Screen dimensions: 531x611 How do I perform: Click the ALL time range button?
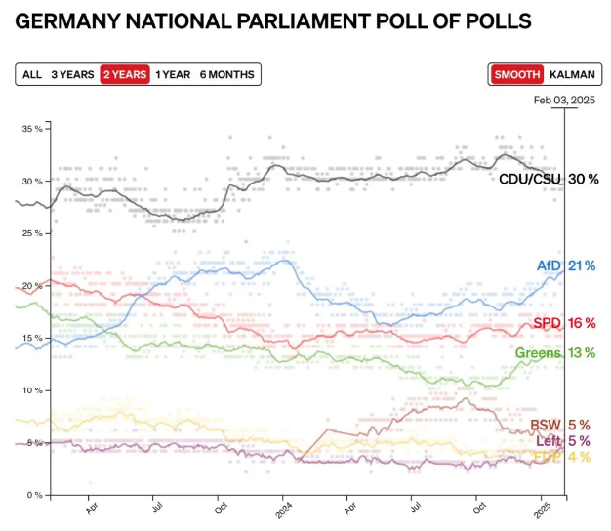point(32,74)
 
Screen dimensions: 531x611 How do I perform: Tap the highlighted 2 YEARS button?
point(124,74)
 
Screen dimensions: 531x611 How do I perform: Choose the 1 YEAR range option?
point(172,74)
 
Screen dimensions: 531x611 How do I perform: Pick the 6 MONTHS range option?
point(226,74)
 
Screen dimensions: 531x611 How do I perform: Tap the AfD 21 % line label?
point(566,265)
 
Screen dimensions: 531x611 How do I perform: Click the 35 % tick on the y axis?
point(31,129)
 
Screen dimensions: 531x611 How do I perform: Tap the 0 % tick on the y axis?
point(34,495)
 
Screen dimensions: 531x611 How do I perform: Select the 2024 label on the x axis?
point(283,509)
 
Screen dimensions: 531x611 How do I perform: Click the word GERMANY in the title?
point(66,20)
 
